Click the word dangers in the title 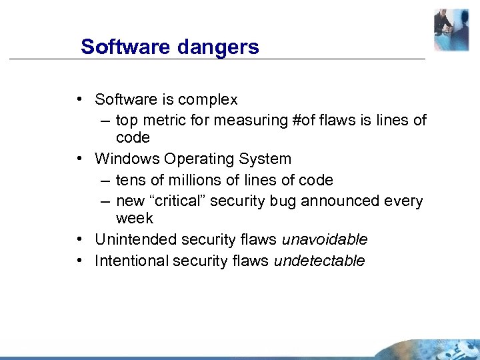pyautogui.click(x=219, y=47)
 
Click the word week pyautogui.click(x=134, y=219)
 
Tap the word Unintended pyautogui.click(x=131, y=239)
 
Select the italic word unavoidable pyautogui.click(x=325, y=239)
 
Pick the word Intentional pyautogui.click(x=131, y=261)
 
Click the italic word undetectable pyautogui.click(x=319, y=261)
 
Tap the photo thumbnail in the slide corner pyautogui.click(x=451, y=30)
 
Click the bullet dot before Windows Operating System pyautogui.click(x=79, y=159)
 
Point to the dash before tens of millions pyautogui.click(x=108, y=180)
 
